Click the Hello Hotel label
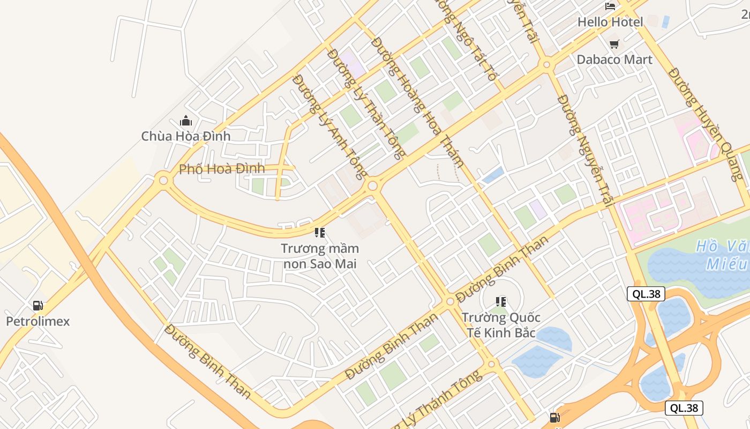[610, 22]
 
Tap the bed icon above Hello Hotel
[610, 6]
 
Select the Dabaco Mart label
[614, 60]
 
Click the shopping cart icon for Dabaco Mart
[614, 44]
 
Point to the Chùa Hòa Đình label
[185, 136]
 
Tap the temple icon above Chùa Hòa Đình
[186, 121]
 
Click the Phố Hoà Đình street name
[222, 169]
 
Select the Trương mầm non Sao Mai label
[320, 256]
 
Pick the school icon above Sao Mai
[320, 233]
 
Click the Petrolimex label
[37, 322]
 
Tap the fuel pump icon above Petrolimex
[37, 306]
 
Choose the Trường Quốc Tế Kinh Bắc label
[501, 325]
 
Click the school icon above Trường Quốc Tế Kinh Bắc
[501, 302]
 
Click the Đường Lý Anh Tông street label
[330, 126]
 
